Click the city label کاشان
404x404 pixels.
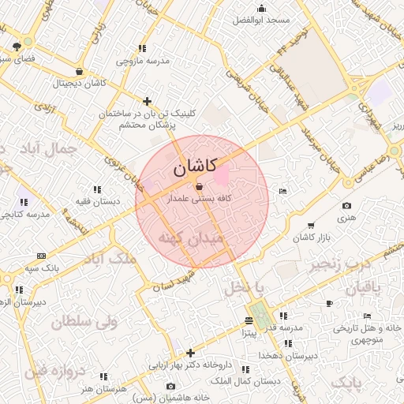click(x=194, y=167)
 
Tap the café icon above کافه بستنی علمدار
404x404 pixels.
click(x=198, y=187)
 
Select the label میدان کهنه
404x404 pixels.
click(x=192, y=238)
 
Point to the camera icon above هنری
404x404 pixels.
click(x=346, y=206)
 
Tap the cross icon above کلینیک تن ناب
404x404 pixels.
click(x=147, y=101)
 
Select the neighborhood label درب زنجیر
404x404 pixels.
click(x=341, y=262)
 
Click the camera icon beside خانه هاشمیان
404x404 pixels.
click(x=171, y=386)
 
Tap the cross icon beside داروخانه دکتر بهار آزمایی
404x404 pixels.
click(x=189, y=353)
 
